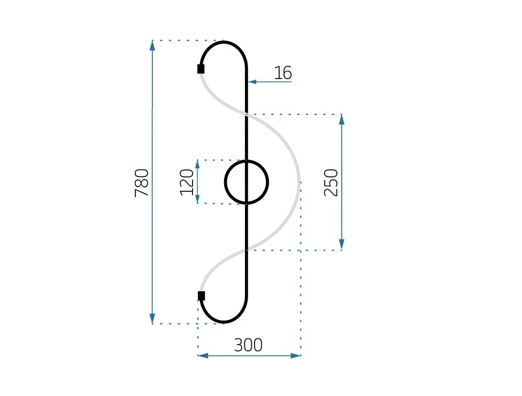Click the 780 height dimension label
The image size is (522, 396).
point(142,183)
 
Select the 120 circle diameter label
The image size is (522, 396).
point(187,182)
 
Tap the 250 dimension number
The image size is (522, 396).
point(331,183)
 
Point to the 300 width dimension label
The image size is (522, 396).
point(248,345)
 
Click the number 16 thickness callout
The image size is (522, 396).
point(283,73)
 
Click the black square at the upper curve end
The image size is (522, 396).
point(201,69)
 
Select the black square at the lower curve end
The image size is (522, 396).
point(201,296)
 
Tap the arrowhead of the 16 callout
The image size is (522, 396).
point(252,82)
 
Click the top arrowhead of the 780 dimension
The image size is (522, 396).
point(152,45)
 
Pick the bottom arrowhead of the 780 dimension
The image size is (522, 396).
point(152,319)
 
